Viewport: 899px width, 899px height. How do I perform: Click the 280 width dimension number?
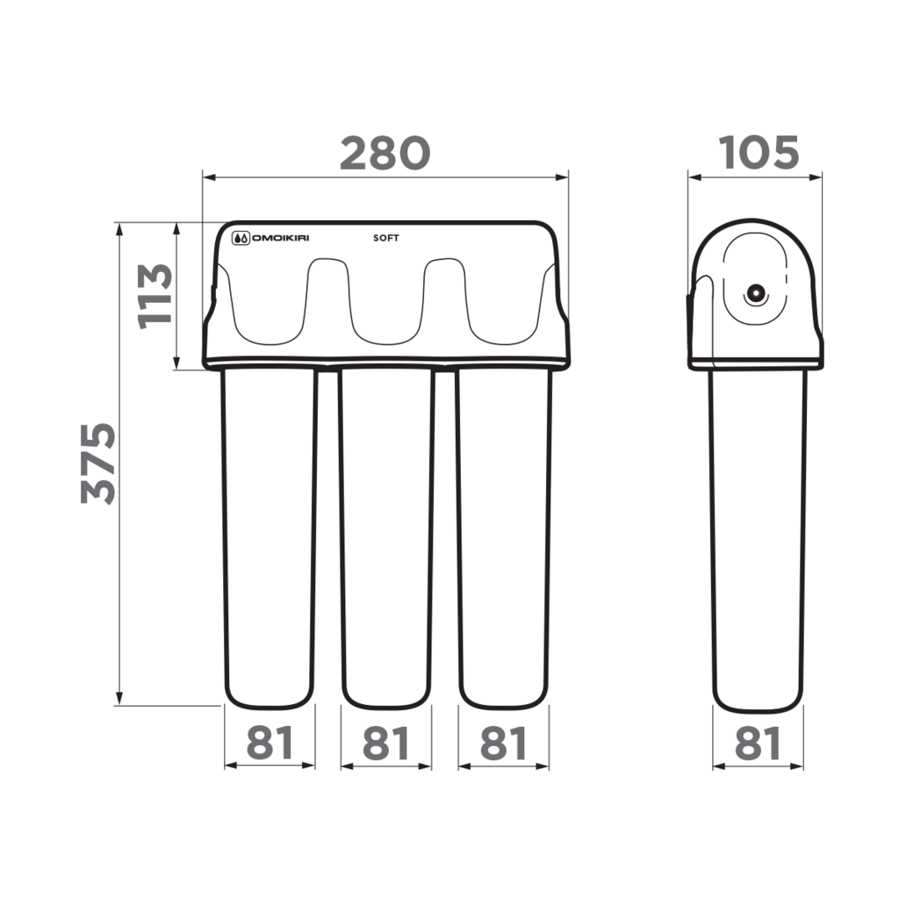[x=385, y=153]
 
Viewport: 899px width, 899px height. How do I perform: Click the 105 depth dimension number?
[x=759, y=153]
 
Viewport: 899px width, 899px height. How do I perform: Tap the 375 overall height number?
[x=98, y=463]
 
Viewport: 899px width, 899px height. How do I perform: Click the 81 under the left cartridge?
[x=270, y=744]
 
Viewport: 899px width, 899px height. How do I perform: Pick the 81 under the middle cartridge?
[x=386, y=744]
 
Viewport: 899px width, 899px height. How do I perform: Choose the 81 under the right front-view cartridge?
[x=504, y=744]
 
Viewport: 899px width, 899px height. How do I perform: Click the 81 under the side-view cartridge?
[x=757, y=744]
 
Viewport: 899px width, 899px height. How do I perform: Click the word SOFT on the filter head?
[x=386, y=237]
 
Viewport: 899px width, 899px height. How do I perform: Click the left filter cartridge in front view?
[x=270, y=536]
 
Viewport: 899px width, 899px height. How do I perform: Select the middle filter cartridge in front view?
[x=386, y=536]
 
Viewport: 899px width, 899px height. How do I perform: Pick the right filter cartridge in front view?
[x=504, y=536]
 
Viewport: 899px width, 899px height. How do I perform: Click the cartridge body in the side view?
[x=757, y=536]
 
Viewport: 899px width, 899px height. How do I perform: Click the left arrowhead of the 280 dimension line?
[x=207, y=177]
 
